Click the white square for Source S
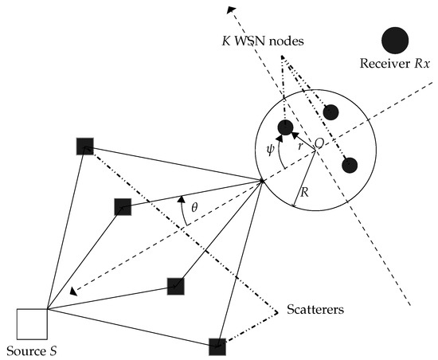(x=32, y=323)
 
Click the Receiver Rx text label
(x=395, y=66)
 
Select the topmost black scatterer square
(x=84, y=146)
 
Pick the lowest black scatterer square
(x=217, y=346)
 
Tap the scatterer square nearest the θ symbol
(x=122, y=206)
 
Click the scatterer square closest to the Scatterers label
(x=177, y=285)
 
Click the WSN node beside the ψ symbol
(x=284, y=127)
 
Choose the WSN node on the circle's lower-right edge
(x=349, y=165)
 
